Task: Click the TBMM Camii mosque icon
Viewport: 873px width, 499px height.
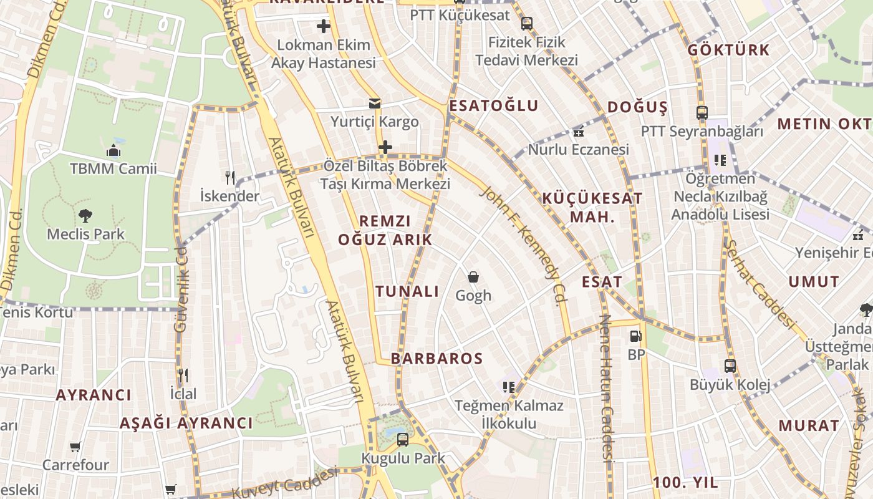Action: (113, 150)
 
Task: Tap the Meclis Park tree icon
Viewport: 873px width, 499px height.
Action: (85, 216)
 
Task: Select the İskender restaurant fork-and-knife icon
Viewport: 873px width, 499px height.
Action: (230, 178)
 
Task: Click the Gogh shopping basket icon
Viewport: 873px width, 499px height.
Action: (473, 276)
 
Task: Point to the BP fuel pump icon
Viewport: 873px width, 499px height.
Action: (635, 336)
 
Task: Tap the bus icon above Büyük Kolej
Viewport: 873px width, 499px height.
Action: (730, 366)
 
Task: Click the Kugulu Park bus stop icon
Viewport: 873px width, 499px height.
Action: (403, 439)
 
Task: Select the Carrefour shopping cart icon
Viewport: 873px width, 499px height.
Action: (75, 447)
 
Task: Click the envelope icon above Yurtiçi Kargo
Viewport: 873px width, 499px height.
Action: (374, 103)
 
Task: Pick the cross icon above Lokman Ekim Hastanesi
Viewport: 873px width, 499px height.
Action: (323, 26)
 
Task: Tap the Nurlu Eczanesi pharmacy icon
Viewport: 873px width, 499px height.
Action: (578, 132)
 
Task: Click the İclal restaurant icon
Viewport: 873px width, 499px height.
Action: (183, 375)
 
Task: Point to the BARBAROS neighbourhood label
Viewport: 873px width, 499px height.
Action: (436, 359)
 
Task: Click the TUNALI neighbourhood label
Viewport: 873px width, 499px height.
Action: (407, 291)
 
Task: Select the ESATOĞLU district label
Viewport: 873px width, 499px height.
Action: (493, 105)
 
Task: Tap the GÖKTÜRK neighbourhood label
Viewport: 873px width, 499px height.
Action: (728, 50)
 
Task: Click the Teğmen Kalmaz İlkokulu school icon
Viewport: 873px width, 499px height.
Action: (509, 387)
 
